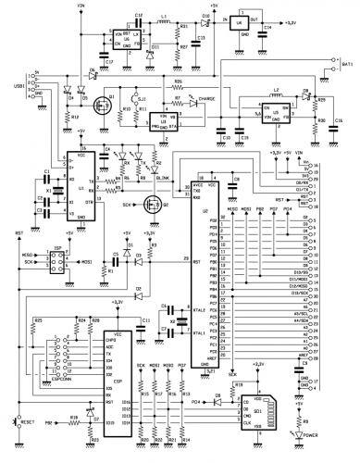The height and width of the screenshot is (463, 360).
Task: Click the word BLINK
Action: click(164, 175)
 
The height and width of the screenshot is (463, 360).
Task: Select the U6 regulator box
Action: click(119, 36)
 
